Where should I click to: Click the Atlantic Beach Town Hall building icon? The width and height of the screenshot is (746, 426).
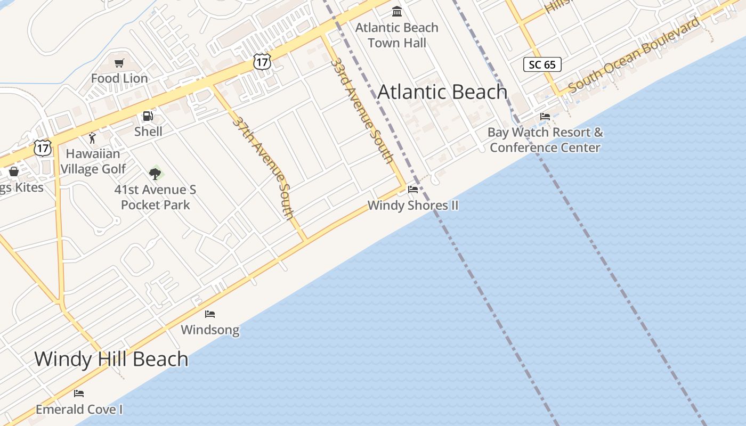(x=397, y=11)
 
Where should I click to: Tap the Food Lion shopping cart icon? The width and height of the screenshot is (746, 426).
(x=119, y=63)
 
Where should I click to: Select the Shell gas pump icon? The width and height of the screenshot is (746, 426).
(x=148, y=116)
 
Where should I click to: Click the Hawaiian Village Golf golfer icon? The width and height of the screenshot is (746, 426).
(x=92, y=138)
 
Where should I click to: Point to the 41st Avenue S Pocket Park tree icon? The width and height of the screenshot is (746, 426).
(x=155, y=174)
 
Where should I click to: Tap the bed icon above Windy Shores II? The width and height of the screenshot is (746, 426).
(x=413, y=190)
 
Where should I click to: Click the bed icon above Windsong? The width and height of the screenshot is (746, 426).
(x=210, y=314)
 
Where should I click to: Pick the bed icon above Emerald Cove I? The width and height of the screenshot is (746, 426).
(x=79, y=394)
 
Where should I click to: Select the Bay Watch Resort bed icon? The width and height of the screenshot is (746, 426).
(x=545, y=117)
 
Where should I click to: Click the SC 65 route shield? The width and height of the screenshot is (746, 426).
(x=542, y=65)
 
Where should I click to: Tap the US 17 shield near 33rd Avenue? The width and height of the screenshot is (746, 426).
(x=262, y=62)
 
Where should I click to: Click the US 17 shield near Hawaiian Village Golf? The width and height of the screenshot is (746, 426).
(x=43, y=148)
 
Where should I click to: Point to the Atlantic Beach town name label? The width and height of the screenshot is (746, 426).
(x=442, y=92)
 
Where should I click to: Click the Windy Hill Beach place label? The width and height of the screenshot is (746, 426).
(x=111, y=359)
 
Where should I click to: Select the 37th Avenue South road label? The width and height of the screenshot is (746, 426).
(x=263, y=167)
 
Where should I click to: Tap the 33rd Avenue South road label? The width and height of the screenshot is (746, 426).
(x=362, y=110)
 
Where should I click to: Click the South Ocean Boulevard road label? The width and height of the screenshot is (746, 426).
(x=634, y=55)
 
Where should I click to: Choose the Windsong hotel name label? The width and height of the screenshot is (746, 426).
(x=210, y=330)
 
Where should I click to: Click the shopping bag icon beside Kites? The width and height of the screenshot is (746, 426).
(x=14, y=171)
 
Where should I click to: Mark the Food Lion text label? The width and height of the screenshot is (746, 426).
(x=119, y=78)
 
